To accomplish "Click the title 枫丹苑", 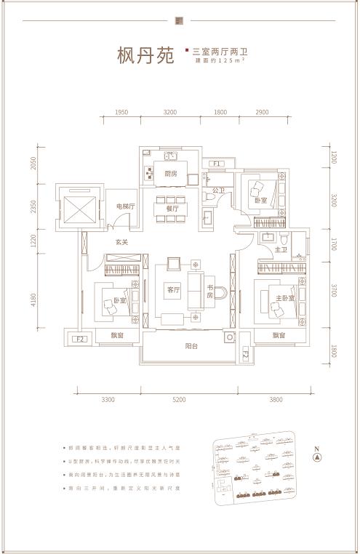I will click(145, 56).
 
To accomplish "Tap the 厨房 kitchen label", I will click(171, 174).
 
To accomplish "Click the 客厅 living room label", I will click(172, 290).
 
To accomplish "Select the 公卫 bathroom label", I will click(219, 190).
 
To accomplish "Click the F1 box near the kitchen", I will click(216, 164).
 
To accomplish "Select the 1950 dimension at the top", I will click(121, 113).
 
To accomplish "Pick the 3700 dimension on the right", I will click(333, 291).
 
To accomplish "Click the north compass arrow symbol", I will click(316, 457).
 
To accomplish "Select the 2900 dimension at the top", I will click(263, 113).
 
